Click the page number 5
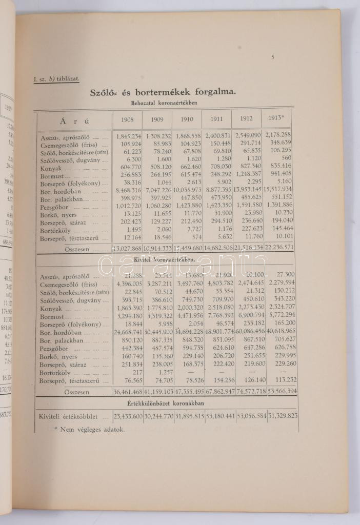[x=273, y=57]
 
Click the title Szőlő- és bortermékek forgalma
[x=163, y=92]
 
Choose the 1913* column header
[x=277, y=118]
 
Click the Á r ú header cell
[x=75, y=121]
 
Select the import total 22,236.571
[x=279, y=248]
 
